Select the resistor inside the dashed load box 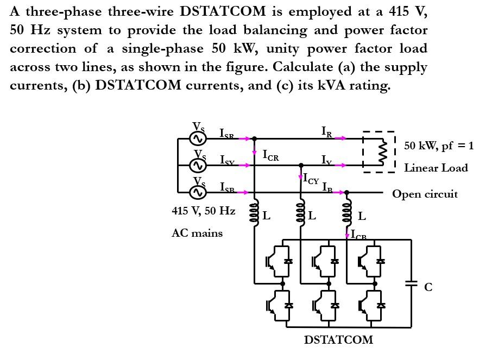382,152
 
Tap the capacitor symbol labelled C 411,283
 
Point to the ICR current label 270,156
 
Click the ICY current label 311,179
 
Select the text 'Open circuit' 425,194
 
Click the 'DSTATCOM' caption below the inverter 338,340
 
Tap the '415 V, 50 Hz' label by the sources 204,211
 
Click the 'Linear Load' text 436,168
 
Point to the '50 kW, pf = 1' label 439,146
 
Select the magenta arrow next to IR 340,138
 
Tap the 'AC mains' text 197,233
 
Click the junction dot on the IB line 347,192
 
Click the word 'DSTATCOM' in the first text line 223,11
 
